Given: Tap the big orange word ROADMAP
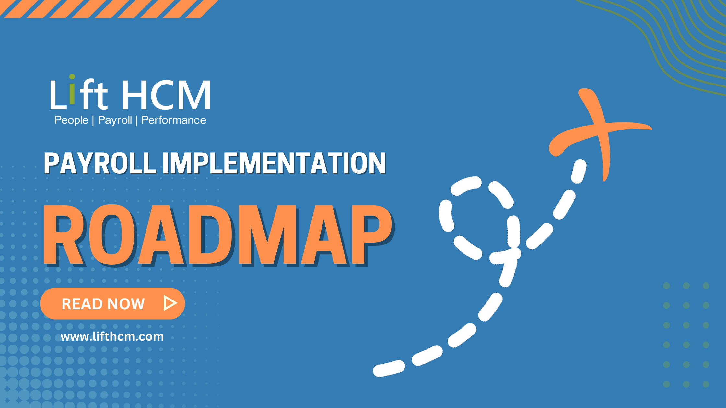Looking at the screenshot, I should coord(217,235).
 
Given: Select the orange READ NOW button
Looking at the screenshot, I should coord(112,303).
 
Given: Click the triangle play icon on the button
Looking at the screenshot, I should coord(170,303).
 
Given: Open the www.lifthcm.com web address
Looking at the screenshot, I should coord(112,337).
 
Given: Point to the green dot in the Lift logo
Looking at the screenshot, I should coord(72,77).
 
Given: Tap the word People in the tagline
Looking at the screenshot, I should coord(71,120).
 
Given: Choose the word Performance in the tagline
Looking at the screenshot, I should coord(174,120).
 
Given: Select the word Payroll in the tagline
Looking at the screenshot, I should coord(115,120).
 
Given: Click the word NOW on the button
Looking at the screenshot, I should coord(126,304).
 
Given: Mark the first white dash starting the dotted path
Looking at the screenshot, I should coord(389,368).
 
